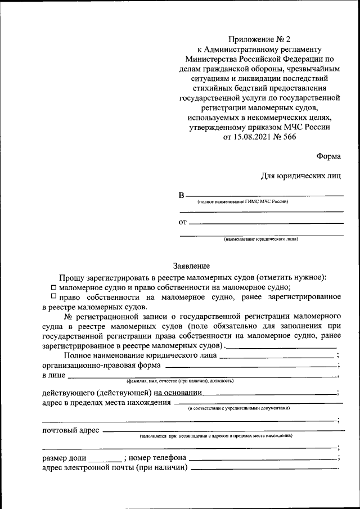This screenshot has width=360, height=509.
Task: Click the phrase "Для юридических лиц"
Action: coord(300,175)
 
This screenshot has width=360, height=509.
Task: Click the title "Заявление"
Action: coord(191,266)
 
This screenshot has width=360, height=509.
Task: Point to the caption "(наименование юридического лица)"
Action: coord(261,239)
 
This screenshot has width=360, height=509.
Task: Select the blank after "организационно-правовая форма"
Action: coord(250,366)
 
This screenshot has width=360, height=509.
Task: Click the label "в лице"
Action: coord(54,375)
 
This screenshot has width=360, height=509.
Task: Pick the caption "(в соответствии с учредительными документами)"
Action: coord(239,408)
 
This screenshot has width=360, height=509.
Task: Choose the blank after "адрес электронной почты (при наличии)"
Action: coord(264,468)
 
